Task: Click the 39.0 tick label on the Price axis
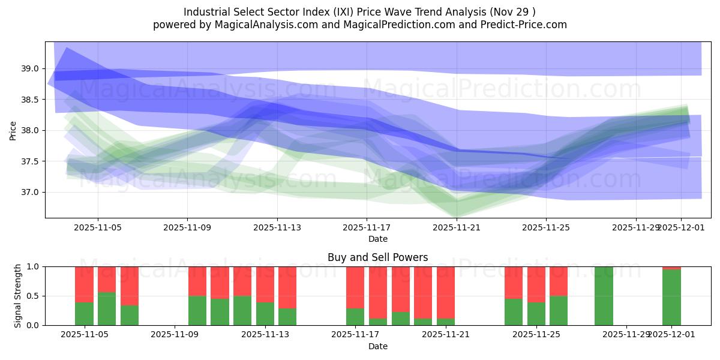point(30,69)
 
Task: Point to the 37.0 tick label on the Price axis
point(30,193)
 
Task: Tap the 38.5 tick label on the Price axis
point(30,100)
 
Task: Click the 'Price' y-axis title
point(13,130)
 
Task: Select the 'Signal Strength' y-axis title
point(18,296)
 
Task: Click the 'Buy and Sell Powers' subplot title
point(377,257)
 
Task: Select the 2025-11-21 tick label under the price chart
point(456,227)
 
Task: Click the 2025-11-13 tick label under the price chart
point(277,227)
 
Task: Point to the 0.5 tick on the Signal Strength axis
point(34,296)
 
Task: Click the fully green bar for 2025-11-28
point(604,296)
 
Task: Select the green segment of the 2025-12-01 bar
point(671,298)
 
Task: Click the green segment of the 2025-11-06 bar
point(107,309)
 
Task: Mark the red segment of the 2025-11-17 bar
point(355,287)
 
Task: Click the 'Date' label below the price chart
point(377,239)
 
